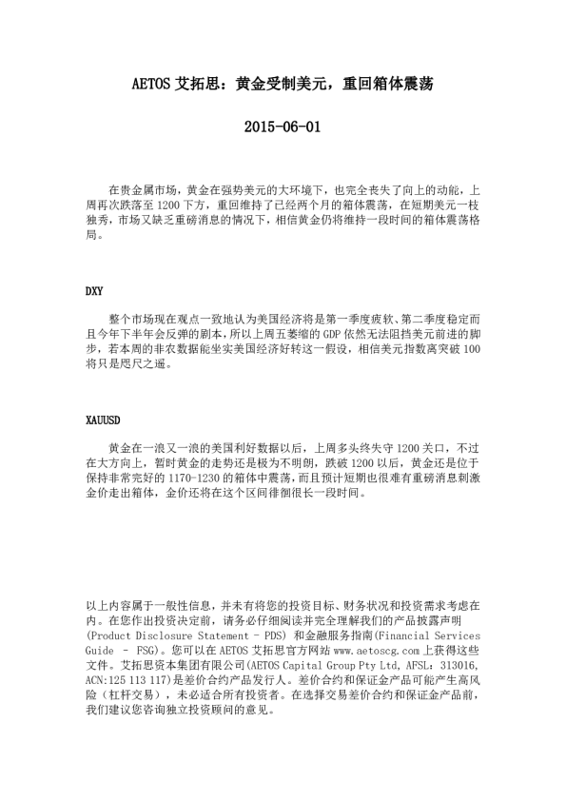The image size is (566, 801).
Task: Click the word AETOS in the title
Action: point(150,84)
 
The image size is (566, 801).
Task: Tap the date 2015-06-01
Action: point(283,125)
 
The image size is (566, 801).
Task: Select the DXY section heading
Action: point(95,291)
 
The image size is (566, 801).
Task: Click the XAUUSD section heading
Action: point(103,420)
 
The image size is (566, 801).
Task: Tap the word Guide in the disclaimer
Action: point(100,648)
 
